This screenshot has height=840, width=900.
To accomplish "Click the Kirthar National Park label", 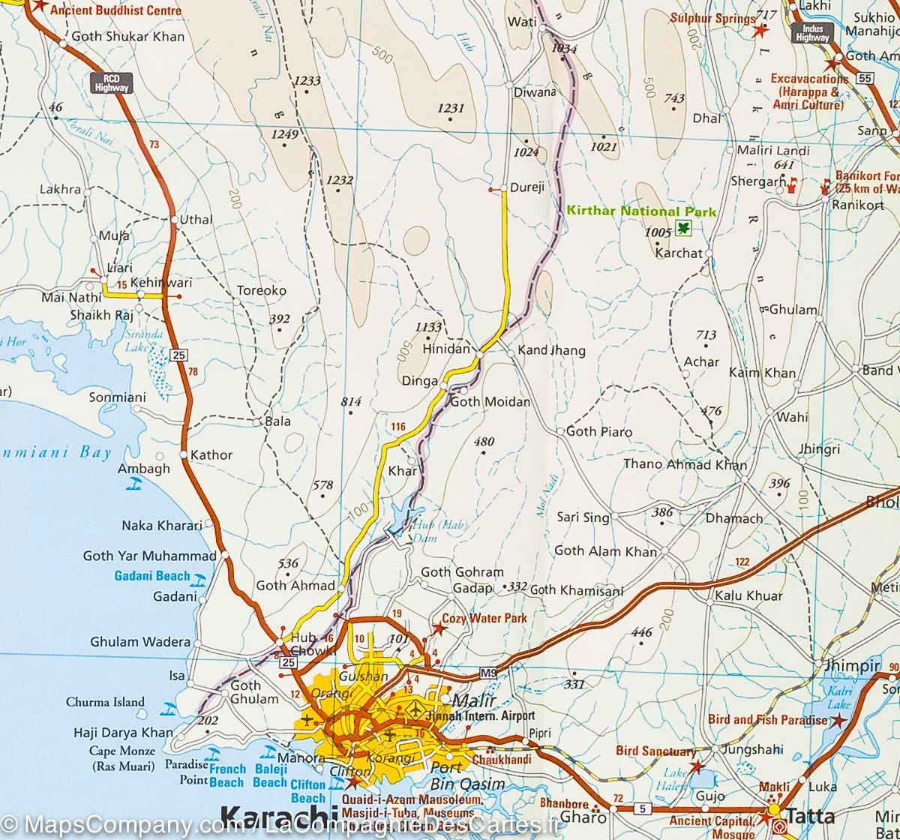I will [641, 212].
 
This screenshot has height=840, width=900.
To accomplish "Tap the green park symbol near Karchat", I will [683, 229].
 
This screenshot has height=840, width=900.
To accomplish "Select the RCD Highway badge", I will [112, 82].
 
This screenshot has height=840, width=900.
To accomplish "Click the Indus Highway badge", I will [812, 32].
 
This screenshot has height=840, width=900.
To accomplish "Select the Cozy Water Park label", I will [484, 619].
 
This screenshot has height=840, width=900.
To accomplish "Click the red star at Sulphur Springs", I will [760, 31].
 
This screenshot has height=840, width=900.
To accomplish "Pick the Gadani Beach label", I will [152, 576].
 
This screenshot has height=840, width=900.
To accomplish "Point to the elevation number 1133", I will [428, 326].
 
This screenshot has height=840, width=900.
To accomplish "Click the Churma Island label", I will [105, 703].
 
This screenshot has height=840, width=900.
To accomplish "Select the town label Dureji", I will [526, 187].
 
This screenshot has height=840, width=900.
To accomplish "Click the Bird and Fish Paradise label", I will [767, 720].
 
